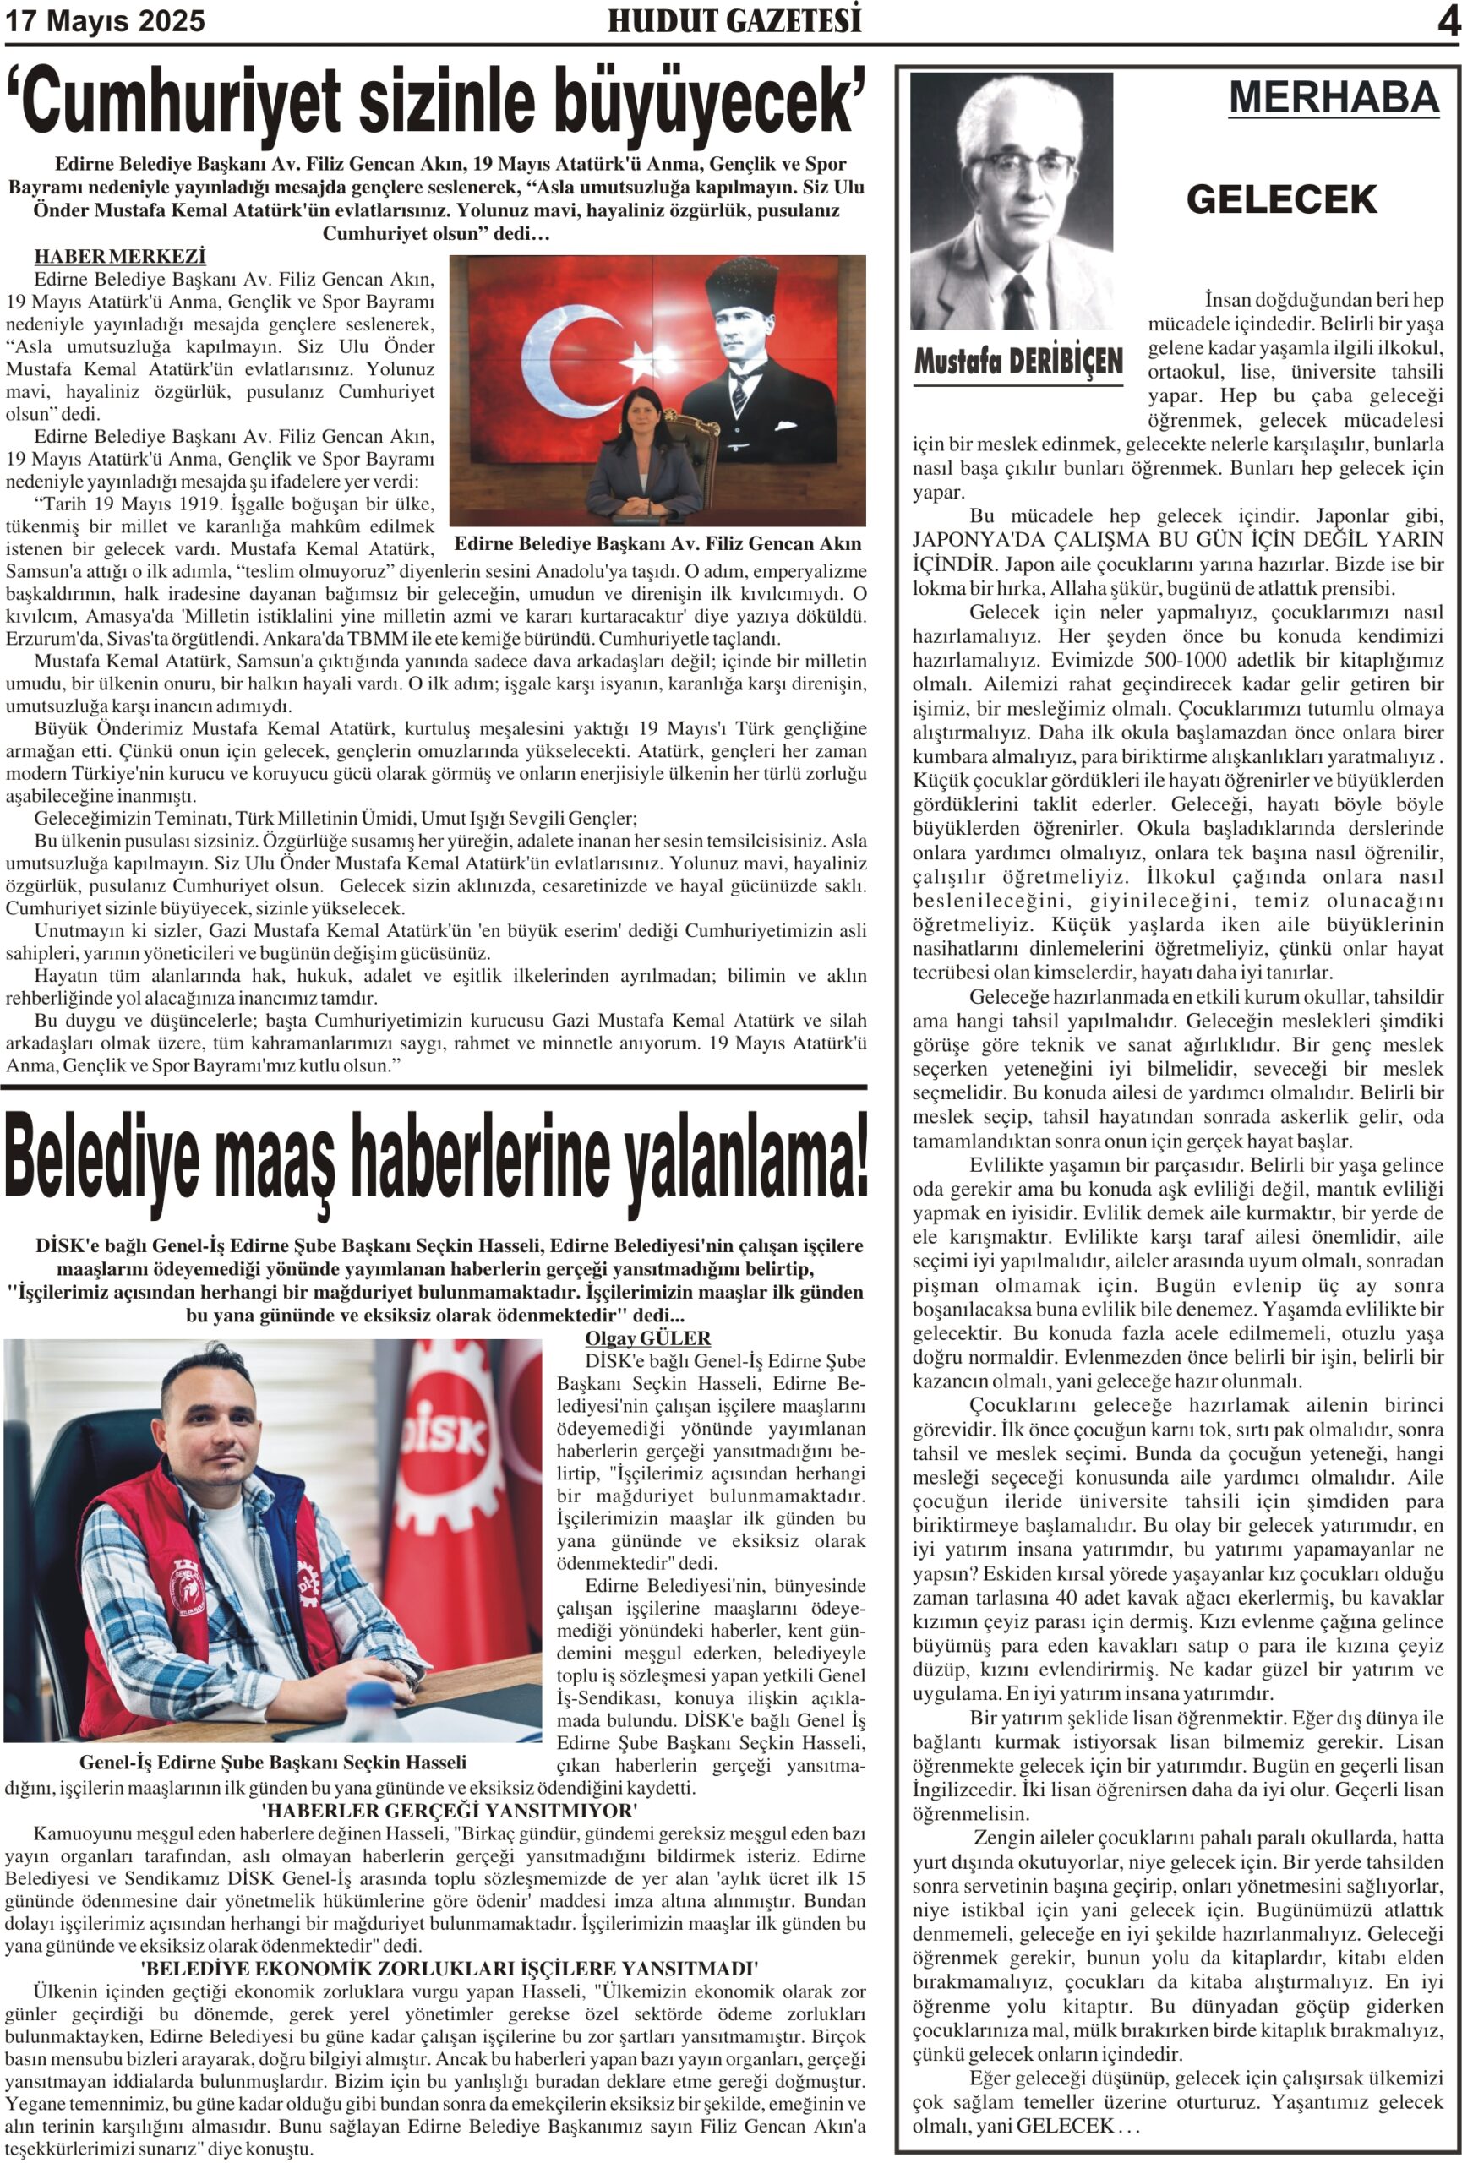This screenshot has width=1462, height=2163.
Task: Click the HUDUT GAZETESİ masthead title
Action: (x=734, y=20)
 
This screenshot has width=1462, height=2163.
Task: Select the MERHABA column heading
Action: (x=1333, y=98)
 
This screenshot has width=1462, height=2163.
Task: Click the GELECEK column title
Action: (x=1280, y=199)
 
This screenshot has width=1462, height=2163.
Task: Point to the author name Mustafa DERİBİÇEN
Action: (x=1018, y=361)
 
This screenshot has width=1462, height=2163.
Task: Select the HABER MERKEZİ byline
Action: (x=120, y=257)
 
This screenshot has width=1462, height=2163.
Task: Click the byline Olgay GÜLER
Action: (x=646, y=1338)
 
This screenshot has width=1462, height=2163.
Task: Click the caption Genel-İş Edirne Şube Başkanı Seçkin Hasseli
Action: (x=273, y=1762)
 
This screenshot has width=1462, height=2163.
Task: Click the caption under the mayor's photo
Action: (x=657, y=543)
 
